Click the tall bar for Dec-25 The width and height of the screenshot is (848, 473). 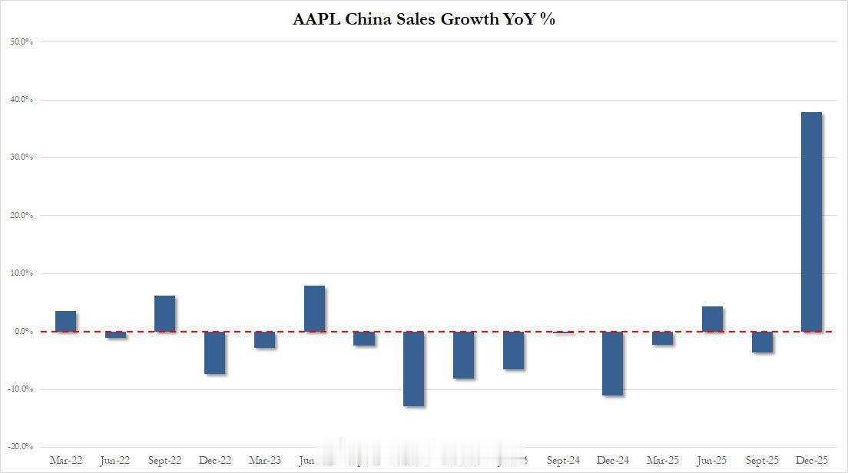(x=811, y=222)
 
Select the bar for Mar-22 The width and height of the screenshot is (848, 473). (x=66, y=321)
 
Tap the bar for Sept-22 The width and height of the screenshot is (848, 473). (x=165, y=313)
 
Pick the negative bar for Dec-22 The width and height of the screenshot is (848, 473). (x=215, y=352)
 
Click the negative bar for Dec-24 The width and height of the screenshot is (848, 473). (x=613, y=363)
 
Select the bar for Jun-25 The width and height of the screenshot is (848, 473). (x=712, y=319)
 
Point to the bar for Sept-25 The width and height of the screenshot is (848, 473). (x=762, y=342)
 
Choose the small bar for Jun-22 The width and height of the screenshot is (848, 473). (x=116, y=335)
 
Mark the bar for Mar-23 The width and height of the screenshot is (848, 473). (x=265, y=339)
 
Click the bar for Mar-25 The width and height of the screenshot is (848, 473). (x=663, y=338)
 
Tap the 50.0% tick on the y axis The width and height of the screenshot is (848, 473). (x=21, y=41)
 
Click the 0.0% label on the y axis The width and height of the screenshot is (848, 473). (x=22, y=331)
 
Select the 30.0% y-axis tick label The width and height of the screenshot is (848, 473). (x=21, y=157)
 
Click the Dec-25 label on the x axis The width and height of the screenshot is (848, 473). (x=811, y=461)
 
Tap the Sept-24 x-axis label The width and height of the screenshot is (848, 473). (x=563, y=461)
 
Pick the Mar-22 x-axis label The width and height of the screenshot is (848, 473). (x=66, y=461)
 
